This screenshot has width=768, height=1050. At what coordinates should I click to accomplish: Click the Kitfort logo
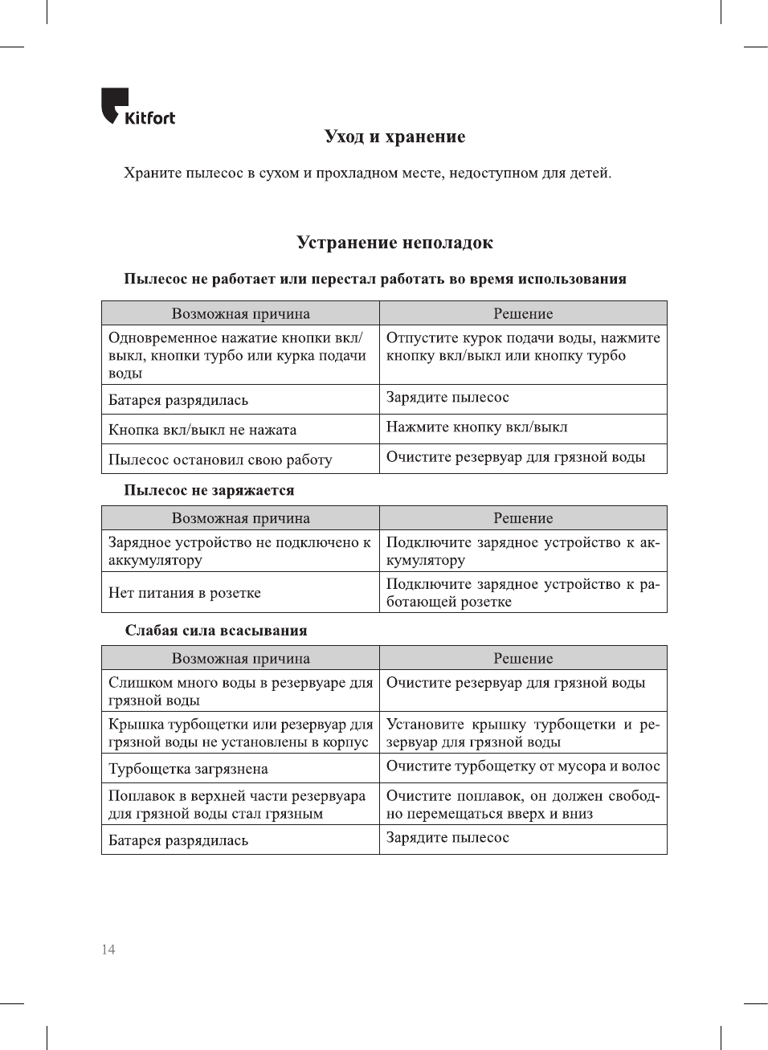pos(137,107)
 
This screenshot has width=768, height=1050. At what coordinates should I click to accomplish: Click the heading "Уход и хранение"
pos(394,137)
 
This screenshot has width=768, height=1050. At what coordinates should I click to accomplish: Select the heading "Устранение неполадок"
pos(394,243)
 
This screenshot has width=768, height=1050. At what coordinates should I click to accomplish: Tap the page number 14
pos(108,950)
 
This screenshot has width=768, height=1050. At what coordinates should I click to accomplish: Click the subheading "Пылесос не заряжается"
pos(209,490)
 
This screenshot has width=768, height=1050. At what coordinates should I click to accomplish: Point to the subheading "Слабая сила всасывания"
pos(216,631)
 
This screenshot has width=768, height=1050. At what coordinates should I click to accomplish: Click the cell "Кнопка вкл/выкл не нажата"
pos(202,430)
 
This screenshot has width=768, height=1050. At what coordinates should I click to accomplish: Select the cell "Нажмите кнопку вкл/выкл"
pos(476,427)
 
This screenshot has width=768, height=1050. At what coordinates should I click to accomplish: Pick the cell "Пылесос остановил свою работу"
pos(220,460)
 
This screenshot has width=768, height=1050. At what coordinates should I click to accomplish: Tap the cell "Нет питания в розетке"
pos(185,593)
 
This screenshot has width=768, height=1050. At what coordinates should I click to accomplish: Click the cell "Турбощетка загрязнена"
pos(188,769)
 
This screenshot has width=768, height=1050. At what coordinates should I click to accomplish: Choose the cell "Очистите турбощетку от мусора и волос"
pos(523,766)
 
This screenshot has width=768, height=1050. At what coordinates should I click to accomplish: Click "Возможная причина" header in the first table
pos(240,313)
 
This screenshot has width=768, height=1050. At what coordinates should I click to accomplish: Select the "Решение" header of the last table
pos(523,658)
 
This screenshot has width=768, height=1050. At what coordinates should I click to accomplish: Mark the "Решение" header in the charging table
pos(523,518)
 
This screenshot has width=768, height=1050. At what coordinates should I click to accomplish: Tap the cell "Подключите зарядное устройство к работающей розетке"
pos(522,593)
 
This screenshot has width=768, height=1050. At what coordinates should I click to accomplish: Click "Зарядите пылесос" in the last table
pos(447,838)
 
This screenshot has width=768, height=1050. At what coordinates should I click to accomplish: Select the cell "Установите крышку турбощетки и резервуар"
pos(522,733)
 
